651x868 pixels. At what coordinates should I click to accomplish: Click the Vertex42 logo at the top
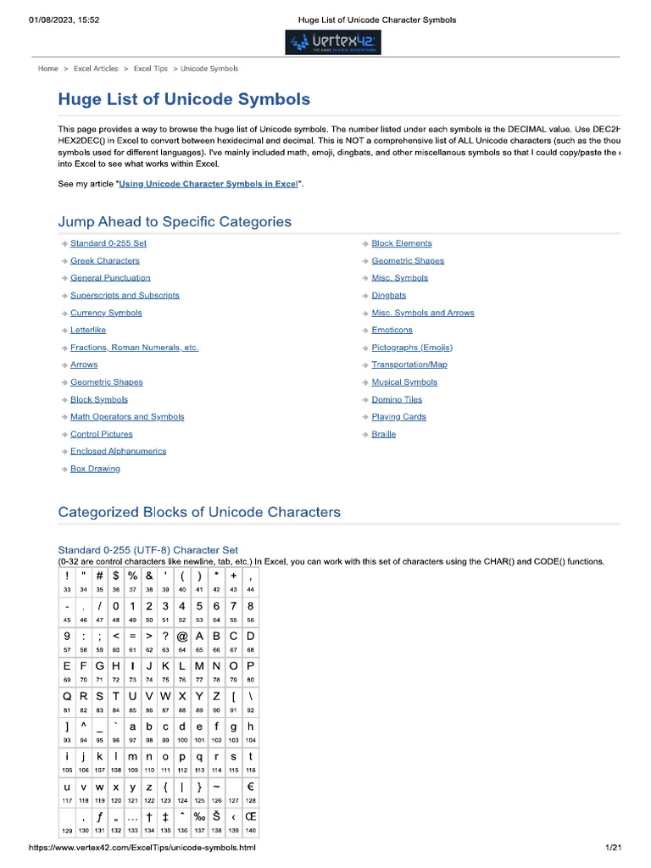pyautogui.click(x=335, y=42)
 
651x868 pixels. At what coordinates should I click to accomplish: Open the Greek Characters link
pyautogui.click(x=104, y=261)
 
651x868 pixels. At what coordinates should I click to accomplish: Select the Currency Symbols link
pyautogui.click(x=106, y=313)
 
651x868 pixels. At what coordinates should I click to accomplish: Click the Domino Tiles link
pyautogui.click(x=397, y=399)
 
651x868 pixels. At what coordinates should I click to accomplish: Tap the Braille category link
pyautogui.click(x=383, y=434)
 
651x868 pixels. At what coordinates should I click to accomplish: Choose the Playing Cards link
pyautogui.click(x=398, y=417)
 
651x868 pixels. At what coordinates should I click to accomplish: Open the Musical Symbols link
pyautogui.click(x=404, y=382)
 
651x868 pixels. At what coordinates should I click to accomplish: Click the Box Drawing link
pyautogui.click(x=95, y=469)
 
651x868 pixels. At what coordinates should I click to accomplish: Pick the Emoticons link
pyautogui.click(x=392, y=330)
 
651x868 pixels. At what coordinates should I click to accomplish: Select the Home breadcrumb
pyautogui.click(x=48, y=69)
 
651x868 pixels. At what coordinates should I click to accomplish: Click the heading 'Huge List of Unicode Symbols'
pyautogui.click(x=184, y=99)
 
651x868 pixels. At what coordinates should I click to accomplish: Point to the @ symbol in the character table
pyautogui.click(x=182, y=636)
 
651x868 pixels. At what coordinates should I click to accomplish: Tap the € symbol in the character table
pyautogui.click(x=250, y=787)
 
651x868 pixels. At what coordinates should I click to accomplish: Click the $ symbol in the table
pyautogui.click(x=116, y=576)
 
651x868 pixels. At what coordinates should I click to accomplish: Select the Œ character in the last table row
pyautogui.click(x=250, y=816)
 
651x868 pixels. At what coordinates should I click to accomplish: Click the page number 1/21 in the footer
pyautogui.click(x=613, y=848)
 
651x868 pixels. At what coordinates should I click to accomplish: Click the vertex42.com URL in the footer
pyautogui.click(x=142, y=848)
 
